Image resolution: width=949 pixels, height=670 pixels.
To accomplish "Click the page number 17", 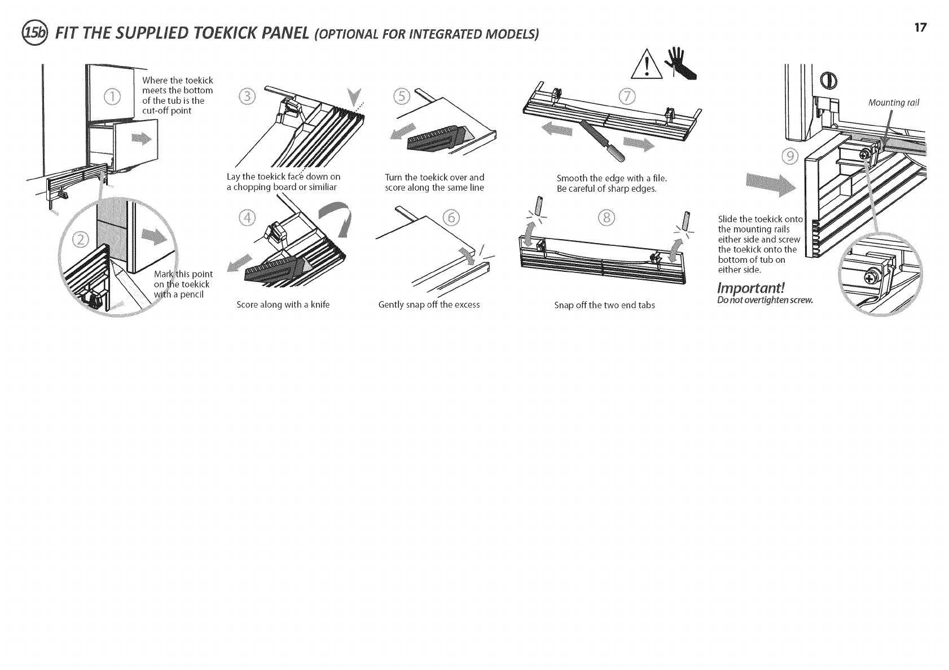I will (920, 28).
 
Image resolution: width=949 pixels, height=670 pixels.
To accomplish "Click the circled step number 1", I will (111, 98).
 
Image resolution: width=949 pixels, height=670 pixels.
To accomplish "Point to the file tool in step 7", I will (601, 142).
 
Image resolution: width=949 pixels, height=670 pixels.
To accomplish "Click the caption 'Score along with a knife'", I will (283, 305).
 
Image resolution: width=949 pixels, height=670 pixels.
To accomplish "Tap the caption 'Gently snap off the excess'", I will (429, 305).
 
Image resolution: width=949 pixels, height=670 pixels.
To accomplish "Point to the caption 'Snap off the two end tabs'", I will (604, 306).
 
